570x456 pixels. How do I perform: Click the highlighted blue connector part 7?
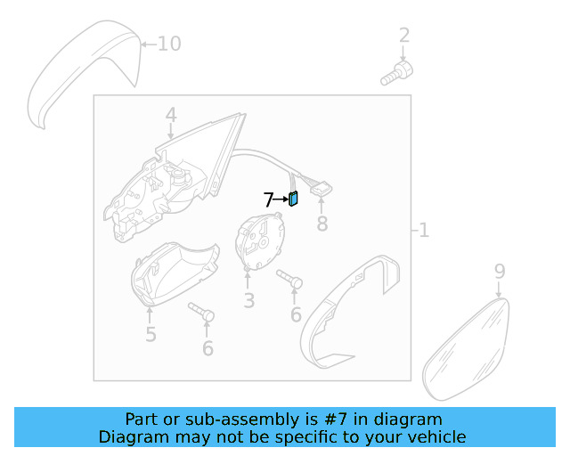click(293, 199)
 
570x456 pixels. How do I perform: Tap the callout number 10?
click(169, 44)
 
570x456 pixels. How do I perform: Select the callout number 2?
click(404, 36)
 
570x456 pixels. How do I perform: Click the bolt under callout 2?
click(397, 73)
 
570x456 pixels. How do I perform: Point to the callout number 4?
click(171, 115)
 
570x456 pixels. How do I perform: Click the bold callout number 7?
click(268, 199)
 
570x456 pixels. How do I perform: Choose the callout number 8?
click(322, 224)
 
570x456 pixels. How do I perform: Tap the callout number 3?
click(249, 301)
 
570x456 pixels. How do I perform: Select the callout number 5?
click(151, 334)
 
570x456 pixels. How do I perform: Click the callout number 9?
click(500, 272)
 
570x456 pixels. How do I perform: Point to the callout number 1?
click(424, 230)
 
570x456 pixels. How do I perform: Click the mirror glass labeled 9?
click(466, 349)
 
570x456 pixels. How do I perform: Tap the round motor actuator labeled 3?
click(259, 241)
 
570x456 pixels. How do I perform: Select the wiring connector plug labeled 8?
click(321, 189)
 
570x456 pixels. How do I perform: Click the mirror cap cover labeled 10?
click(85, 73)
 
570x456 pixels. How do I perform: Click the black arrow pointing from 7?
click(281, 199)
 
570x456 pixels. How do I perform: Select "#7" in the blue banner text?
click(336, 419)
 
